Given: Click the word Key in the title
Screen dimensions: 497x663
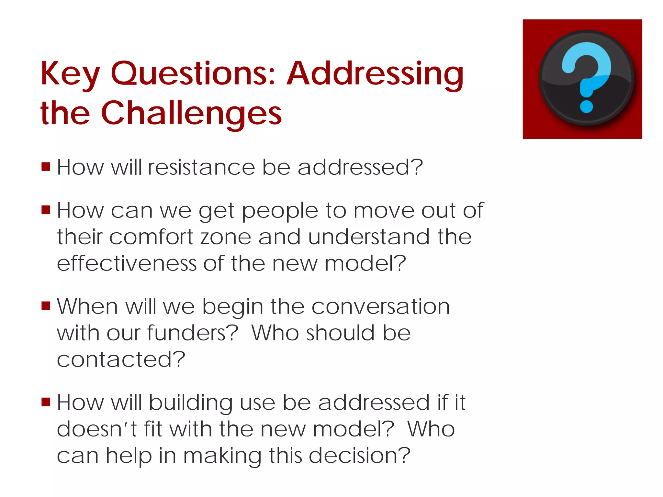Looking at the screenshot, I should click(70, 74).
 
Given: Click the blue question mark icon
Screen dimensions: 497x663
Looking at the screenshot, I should click(586, 78).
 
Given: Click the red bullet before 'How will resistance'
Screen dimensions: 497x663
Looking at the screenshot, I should click(46, 167).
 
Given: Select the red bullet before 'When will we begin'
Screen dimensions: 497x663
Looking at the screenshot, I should click(46, 305).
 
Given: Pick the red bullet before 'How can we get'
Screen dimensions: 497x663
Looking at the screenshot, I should click(46, 210).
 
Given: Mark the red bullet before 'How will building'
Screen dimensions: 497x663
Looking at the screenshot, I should click(46, 402).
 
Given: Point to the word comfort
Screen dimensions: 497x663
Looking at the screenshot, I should click(151, 237).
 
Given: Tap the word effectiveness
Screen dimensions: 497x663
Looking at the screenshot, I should click(127, 263).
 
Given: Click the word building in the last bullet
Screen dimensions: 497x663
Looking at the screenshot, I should click(190, 403).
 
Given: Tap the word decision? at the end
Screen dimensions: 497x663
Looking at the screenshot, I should click(359, 456).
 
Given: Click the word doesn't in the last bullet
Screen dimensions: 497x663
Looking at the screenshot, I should click(96, 429).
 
